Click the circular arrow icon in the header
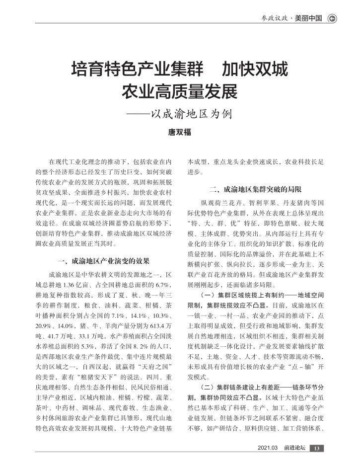(x=332, y=18)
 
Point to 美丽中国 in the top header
(x=308, y=18)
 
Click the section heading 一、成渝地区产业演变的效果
(x=104, y=261)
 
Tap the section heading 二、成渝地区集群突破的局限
(x=255, y=189)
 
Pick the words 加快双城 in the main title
(x=254, y=69)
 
